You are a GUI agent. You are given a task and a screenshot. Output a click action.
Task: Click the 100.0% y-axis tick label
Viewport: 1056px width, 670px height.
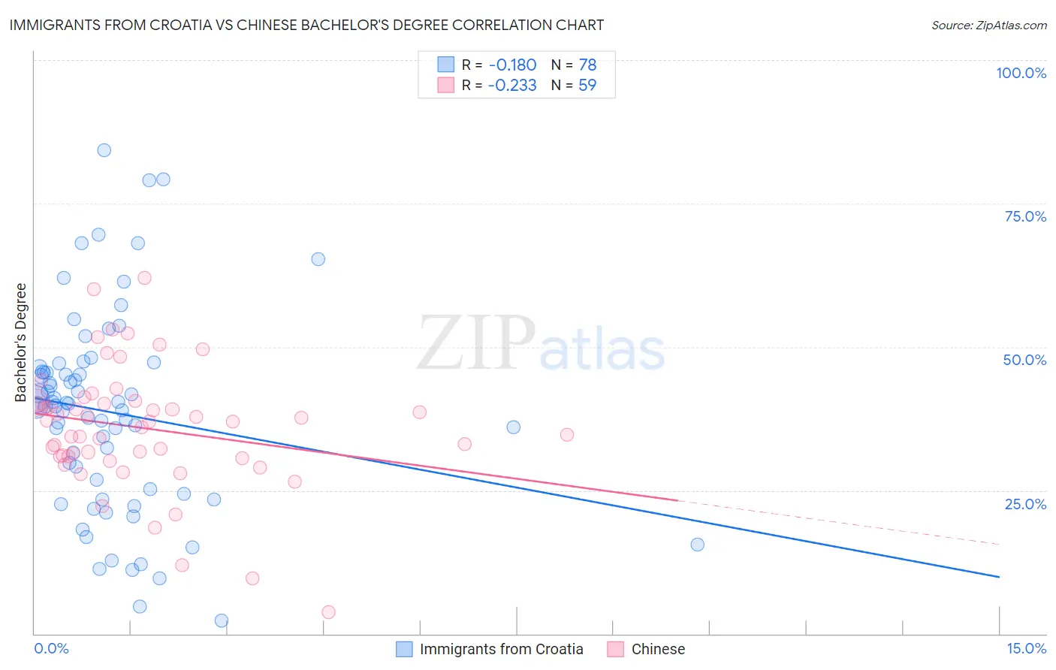click(1021, 73)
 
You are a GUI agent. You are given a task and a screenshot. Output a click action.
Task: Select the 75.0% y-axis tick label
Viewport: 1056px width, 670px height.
click(1025, 216)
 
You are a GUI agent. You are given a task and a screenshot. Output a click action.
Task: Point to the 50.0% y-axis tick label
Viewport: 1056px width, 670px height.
click(1024, 360)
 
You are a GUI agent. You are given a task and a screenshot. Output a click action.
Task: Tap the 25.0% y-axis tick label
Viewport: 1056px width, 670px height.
click(1025, 504)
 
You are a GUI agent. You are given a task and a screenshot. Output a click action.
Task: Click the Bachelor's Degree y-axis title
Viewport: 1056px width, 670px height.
click(21, 343)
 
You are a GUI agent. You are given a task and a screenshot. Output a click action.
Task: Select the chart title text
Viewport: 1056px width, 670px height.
click(306, 25)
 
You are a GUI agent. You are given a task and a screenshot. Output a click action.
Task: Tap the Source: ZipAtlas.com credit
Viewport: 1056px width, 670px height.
click(988, 25)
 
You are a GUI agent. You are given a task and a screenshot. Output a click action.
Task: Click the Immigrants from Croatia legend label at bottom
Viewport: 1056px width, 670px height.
click(501, 649)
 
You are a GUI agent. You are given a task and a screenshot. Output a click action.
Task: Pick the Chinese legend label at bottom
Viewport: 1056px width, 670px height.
click(658, 649)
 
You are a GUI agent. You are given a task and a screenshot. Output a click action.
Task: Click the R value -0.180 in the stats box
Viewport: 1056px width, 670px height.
click(511, 65)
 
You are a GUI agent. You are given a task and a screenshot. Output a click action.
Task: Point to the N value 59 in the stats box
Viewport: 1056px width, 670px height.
click(587, 86)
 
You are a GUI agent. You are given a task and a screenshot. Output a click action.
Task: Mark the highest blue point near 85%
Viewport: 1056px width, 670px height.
click(104, 150)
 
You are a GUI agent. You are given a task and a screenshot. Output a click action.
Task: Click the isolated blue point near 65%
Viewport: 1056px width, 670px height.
click(318, 259)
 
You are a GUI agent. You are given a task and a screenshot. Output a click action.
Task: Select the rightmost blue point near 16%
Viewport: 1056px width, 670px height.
click(698, 545)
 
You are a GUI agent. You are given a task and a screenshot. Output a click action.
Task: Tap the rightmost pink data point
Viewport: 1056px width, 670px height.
click(567, 435)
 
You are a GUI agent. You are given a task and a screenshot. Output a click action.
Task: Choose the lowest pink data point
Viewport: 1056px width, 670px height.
click(328, 612)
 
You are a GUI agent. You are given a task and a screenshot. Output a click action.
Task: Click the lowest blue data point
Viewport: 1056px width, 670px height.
click(222, 620)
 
